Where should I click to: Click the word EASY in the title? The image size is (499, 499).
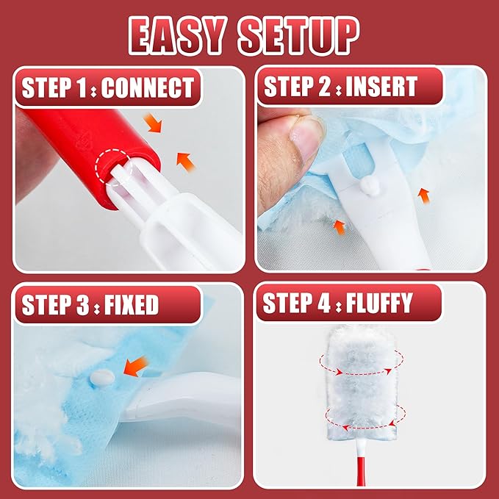click(x=178, y=35)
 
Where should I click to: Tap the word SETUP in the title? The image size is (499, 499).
click(x=298, y=35)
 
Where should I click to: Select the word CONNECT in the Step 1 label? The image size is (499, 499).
click(x=148, y=87)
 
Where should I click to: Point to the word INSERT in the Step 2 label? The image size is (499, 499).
click(x=381, y=86)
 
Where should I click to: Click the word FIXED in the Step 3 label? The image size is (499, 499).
click(x=132, y=304)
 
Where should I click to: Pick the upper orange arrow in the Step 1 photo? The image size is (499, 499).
click(x=153, y=123)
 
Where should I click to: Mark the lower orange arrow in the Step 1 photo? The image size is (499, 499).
click(x=185, y=162)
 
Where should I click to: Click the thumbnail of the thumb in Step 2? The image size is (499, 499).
click(x=305, y=140)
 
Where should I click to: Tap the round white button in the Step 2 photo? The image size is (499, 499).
click(x=370, y=186)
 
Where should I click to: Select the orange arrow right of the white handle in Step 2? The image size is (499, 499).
click(x=424, y=195)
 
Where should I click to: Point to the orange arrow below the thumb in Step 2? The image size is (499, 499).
click(x=340, y=227)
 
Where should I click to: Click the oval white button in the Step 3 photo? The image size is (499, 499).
click(x=102, y=378)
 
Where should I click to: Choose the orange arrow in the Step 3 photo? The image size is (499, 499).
click(x=136, y=366)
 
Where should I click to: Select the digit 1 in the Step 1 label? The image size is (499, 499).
click(x=82, y=87)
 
